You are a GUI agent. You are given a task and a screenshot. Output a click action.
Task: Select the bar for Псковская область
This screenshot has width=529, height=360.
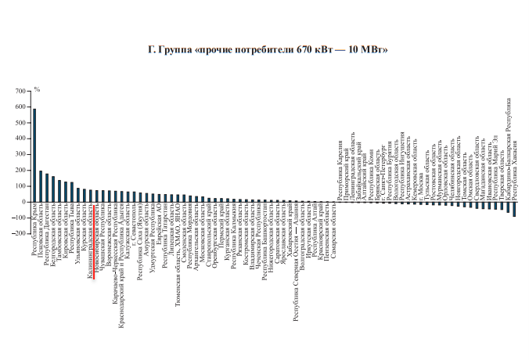(x=41, y=186)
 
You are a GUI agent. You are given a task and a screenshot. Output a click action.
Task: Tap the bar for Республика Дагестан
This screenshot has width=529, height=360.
(x=47, y=188)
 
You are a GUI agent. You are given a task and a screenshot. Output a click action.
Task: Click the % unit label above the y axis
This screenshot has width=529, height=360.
(x=37, y=92)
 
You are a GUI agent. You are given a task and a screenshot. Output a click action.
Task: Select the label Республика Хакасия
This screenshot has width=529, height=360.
(x=515, y=169)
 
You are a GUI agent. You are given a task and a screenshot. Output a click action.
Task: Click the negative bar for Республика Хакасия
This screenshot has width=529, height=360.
(x=514, y=209)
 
